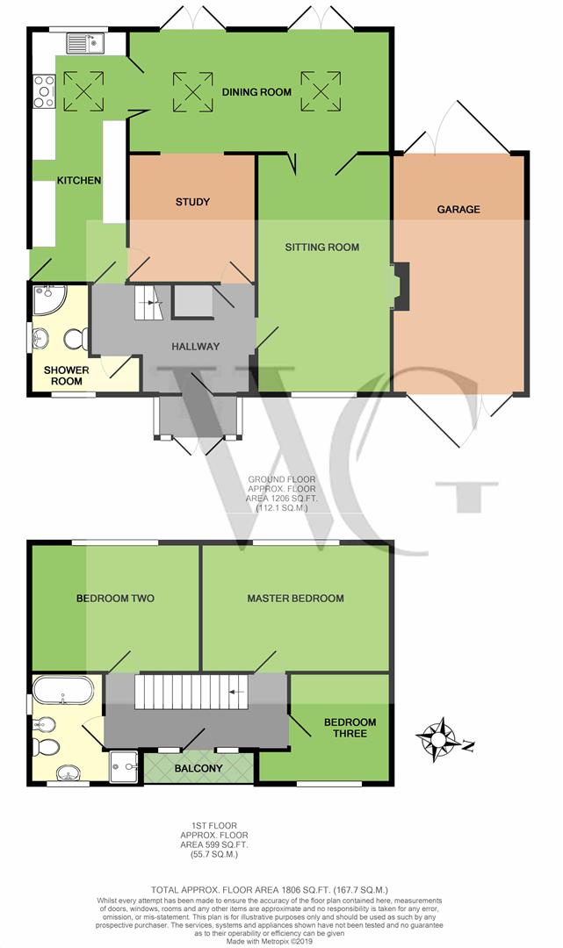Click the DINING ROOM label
tap(256, 91)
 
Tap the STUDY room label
tap(192, 203)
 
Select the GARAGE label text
tap(458, 210)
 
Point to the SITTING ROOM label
tap(321, 248)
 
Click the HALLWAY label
tap(195, 346)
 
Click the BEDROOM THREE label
tap(350, 729)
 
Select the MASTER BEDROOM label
tap(295, 599)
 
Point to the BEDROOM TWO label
tap(115, 599)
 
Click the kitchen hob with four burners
tap(44, 90)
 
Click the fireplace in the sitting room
tap(398, 286)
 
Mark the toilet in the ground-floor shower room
tap(74, 337)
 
